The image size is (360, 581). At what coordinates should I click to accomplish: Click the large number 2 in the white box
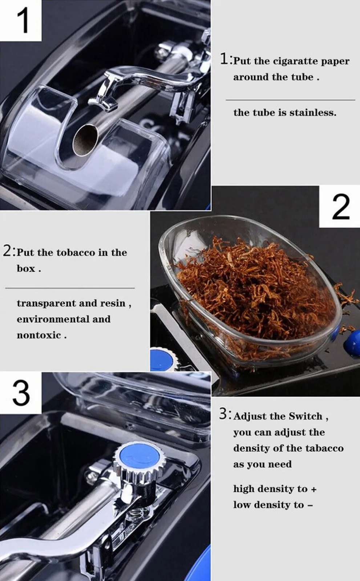click(x=340, y=207)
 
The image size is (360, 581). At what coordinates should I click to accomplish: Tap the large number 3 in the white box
click(x=21, y=393)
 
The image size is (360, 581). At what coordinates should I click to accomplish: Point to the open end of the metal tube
click(x=86, y=139)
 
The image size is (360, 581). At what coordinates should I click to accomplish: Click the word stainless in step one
click(x=312, y=113)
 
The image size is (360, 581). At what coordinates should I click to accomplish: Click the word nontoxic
click(x=39, y=335)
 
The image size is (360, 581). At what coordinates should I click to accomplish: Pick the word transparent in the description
click(x=46, y=303)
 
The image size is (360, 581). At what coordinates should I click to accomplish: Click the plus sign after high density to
click(x=314, y=489)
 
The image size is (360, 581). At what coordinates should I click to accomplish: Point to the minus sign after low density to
click(x=310, y=505)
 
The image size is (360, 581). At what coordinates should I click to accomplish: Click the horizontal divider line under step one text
click(x=290, y=100)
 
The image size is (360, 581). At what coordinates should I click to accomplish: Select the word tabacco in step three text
click(x=324, y=448)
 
